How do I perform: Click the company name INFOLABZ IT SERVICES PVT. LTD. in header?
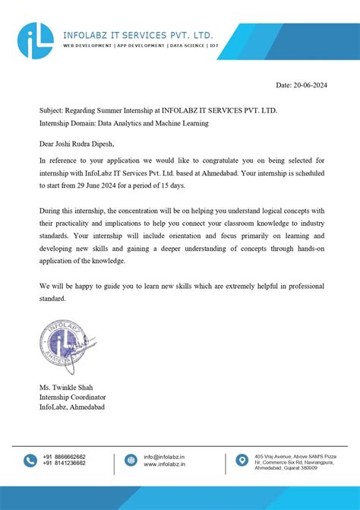pyautogui.click(x=138, y=35)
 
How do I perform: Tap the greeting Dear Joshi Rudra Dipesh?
pyautogui.click(x=81, y=143)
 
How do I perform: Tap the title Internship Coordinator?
pyautogui.click(x=73, y=397)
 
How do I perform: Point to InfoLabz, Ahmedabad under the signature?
pyautogui.click(x=73, y=407)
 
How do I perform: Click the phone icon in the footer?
pyautogui.click(x=30, y=461)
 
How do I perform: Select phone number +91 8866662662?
pyautogui.click(x=65, y=457)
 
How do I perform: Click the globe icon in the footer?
pyautogui.click(x=131, y=461)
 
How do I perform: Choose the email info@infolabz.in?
pyautogui.click(x=164, y=457)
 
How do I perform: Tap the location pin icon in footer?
pyautogui.click(x=242, y=461)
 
